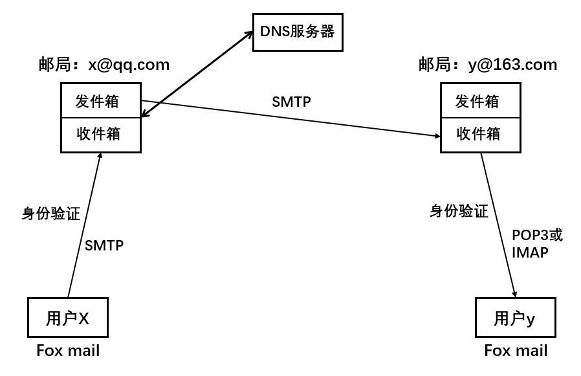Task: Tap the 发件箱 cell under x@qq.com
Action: [101, 101]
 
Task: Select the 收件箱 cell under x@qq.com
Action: [101, 135]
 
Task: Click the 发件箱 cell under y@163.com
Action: [480, 101]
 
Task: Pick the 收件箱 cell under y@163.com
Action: [480, 135]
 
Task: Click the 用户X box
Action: [67, 318]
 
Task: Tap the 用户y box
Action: [515, 318]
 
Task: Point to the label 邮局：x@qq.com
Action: [104, 65]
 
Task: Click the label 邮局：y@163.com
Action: [488, 65]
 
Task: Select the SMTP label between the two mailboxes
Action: [291, 102]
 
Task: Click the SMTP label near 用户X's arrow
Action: [104, 245]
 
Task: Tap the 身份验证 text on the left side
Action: [51, 214]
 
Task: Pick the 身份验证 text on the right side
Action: [459, 211]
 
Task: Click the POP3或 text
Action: [537, 235]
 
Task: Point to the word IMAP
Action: [530, 253]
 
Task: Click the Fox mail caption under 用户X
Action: [68, 351]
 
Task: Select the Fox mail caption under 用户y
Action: [516, 351]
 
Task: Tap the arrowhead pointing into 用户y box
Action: [516, 293]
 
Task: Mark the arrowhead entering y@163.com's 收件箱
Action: [435, 136]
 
